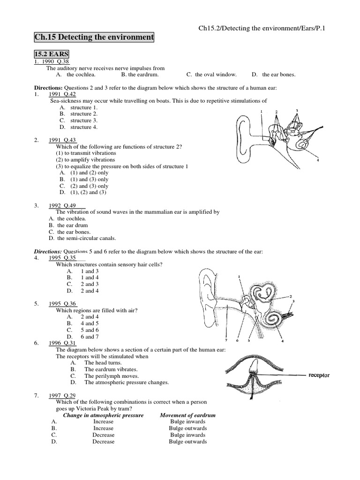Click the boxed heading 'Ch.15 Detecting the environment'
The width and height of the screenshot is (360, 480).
(x=94, y=37)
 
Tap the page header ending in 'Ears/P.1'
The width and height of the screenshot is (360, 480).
(x=262, y=29)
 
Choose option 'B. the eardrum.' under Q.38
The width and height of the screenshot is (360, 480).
(x=140, y=74)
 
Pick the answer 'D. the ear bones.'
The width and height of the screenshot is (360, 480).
(x=274, y=74)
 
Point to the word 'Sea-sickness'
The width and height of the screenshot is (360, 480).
(x=66, y=100)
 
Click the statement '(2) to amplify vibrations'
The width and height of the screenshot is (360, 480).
(x=85, y=159)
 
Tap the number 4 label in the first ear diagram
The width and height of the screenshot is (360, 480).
(x=318, y=160)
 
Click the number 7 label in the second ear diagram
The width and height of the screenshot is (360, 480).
(x=226, y=341)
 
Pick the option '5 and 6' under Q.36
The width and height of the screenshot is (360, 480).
(x=89, y=330)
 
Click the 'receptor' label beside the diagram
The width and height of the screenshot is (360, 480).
(x=319, y=375)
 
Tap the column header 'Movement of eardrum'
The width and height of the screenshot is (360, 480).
(x=187, y=415)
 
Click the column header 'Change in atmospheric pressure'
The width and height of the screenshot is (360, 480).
(x=103, y=415)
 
